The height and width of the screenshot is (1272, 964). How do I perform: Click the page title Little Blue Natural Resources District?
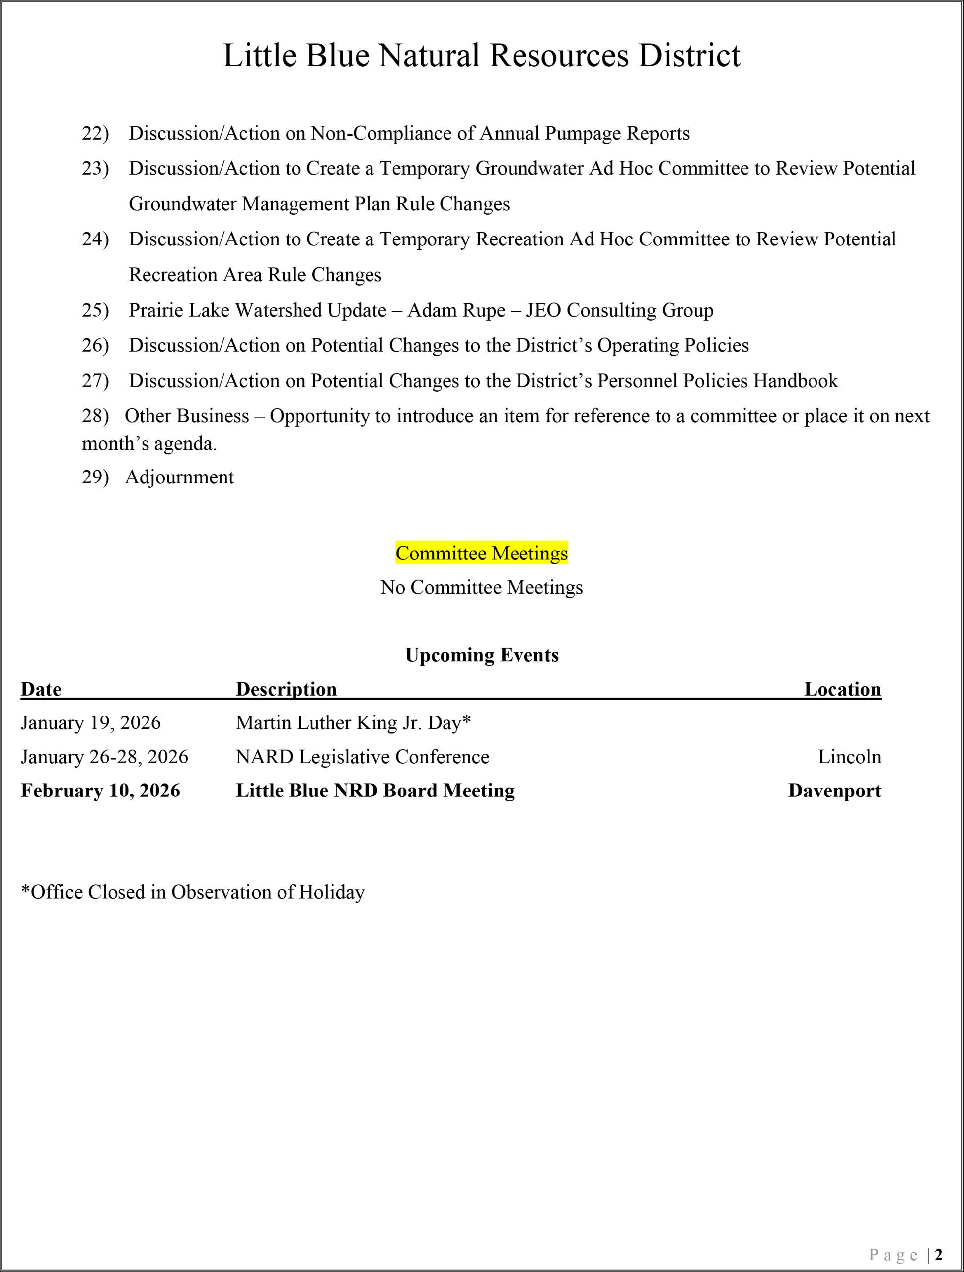click(481, 55)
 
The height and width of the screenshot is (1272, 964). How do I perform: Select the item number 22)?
click(95, 133)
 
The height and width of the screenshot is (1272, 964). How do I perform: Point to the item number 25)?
click(95, 310)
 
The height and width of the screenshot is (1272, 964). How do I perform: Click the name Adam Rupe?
click(456, 310)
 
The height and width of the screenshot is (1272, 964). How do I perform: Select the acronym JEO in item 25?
click(543, 310)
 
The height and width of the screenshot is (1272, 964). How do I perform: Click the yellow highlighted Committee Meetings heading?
click(481, 553)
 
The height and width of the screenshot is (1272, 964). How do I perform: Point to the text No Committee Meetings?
click(481, 587)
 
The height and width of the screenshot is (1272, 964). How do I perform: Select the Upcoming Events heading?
click(481, 655)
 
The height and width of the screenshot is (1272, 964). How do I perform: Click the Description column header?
click(286, 689)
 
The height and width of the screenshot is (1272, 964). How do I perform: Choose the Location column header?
click(842, 689)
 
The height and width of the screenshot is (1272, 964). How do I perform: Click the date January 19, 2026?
click(91, 723)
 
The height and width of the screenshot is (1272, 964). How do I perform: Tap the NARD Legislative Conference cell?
click(362, 757)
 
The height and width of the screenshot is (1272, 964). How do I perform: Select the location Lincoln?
click(849, 757)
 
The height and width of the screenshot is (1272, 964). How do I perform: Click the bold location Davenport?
click(834, 791)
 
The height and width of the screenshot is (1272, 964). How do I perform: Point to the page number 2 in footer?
click(938, 1254)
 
